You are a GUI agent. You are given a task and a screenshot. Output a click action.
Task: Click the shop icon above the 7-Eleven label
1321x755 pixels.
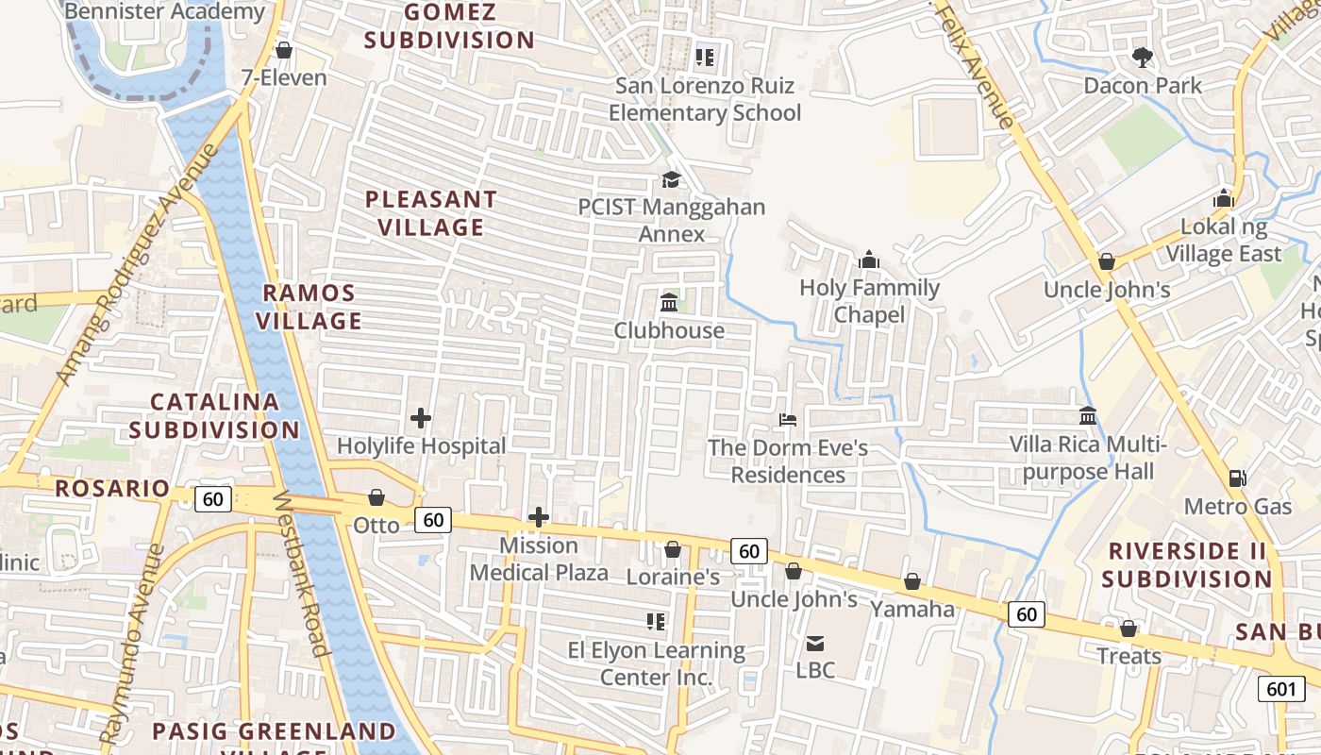pyautogui.click(x=283, y=50)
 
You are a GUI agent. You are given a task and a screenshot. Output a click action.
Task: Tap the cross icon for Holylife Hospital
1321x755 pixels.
pyautogui.click(x=421, y=417)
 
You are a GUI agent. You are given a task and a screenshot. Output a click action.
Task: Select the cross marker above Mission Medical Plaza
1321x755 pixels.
pyautogui.click(x=539, y=517)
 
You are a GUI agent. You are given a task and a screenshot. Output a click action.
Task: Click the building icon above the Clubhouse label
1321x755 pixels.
pyautogui.click(x=670, y=303)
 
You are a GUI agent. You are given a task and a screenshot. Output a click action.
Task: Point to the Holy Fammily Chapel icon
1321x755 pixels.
pyautogui.click(x=869, y=260)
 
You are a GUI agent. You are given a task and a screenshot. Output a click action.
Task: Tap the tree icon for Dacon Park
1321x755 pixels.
pyautogui.click(x=1143, y=58)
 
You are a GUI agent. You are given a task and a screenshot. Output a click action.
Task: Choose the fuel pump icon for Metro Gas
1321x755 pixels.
pyautogui.click(x=1238, y=478)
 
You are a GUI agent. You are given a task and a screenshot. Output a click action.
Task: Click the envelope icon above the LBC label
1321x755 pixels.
pyautogui.click(x=815, y=643)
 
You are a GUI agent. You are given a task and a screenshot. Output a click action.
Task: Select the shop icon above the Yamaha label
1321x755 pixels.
pyautogui.click(x=912, y=581)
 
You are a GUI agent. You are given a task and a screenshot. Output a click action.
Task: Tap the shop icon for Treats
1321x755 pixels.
pyautogui.click(x=1129, y=629)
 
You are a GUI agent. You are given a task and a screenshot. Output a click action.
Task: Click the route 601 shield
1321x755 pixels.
pyautogui.click(x=1280, y=689)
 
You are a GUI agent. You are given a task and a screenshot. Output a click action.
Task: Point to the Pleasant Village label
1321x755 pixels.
pyautogui.click(x=431, y=213)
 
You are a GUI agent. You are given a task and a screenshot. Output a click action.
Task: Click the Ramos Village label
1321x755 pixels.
pyautogui.click(x=310, y=307)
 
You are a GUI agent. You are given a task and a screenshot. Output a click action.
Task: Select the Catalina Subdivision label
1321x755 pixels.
pyautogui.click(x=215, y=416)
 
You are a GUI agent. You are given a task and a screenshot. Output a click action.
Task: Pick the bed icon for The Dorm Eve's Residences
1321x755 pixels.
pyautogui.click(x=788, y=419)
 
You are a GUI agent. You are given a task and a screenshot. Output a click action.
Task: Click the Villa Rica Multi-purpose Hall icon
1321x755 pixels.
pyautogui.click(x=1088, y=416)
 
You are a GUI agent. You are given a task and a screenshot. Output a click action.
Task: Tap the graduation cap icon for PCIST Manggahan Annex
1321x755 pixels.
pyautogui.click(x=671, y=179)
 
